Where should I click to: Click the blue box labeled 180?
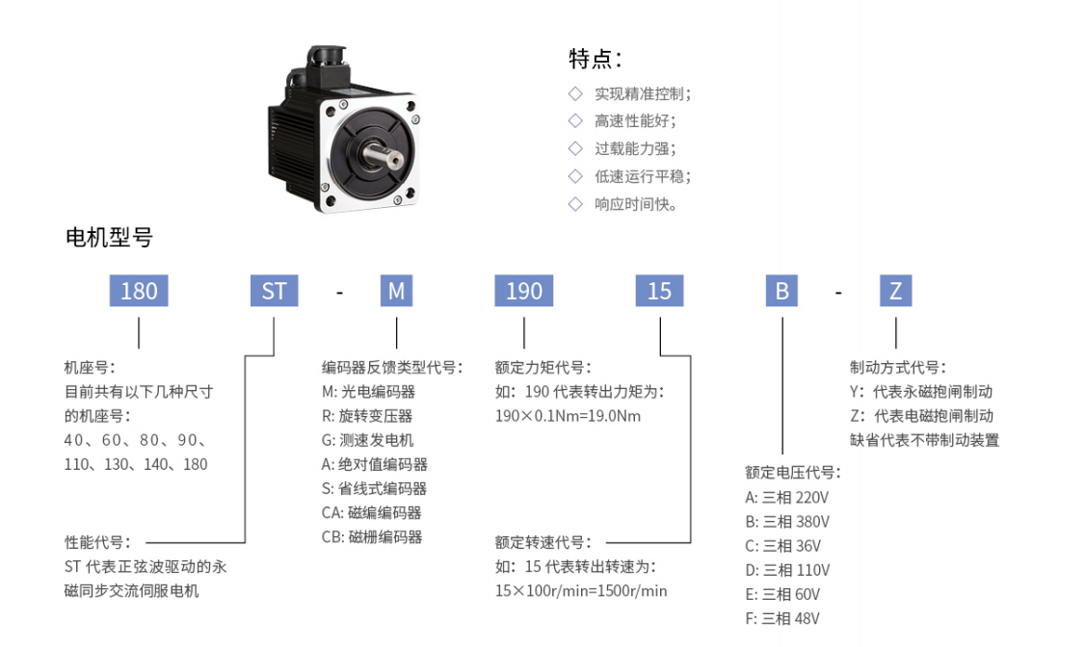(x=139, y=291)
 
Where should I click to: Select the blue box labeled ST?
(x=274, y=291)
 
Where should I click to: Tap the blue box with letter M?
(x=396, y=291)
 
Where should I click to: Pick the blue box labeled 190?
(x=524, y=291)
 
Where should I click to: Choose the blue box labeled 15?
(x=659, y=291)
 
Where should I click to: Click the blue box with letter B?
(x=781, y=291)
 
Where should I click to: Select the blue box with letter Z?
(x=895, y=291)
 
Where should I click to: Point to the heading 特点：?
(x=595, y=60)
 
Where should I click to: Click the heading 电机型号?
(x=109, y=237)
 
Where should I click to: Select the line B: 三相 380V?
(x=787, y=522)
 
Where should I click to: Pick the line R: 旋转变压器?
(x=367, y=416)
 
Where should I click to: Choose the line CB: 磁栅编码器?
(x=372, y=537)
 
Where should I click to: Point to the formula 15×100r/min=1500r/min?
(x=581, y=590)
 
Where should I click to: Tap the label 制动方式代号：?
(x=897, y=367)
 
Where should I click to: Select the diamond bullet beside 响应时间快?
(x=575, y=203)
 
